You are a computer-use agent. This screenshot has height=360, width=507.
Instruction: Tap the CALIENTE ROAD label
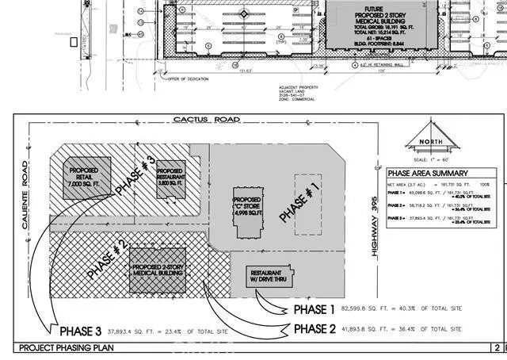pos(26,187)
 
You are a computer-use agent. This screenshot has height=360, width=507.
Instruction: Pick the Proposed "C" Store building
pos(246,208)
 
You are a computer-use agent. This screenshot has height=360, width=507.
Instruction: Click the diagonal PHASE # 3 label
pos(132,174)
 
